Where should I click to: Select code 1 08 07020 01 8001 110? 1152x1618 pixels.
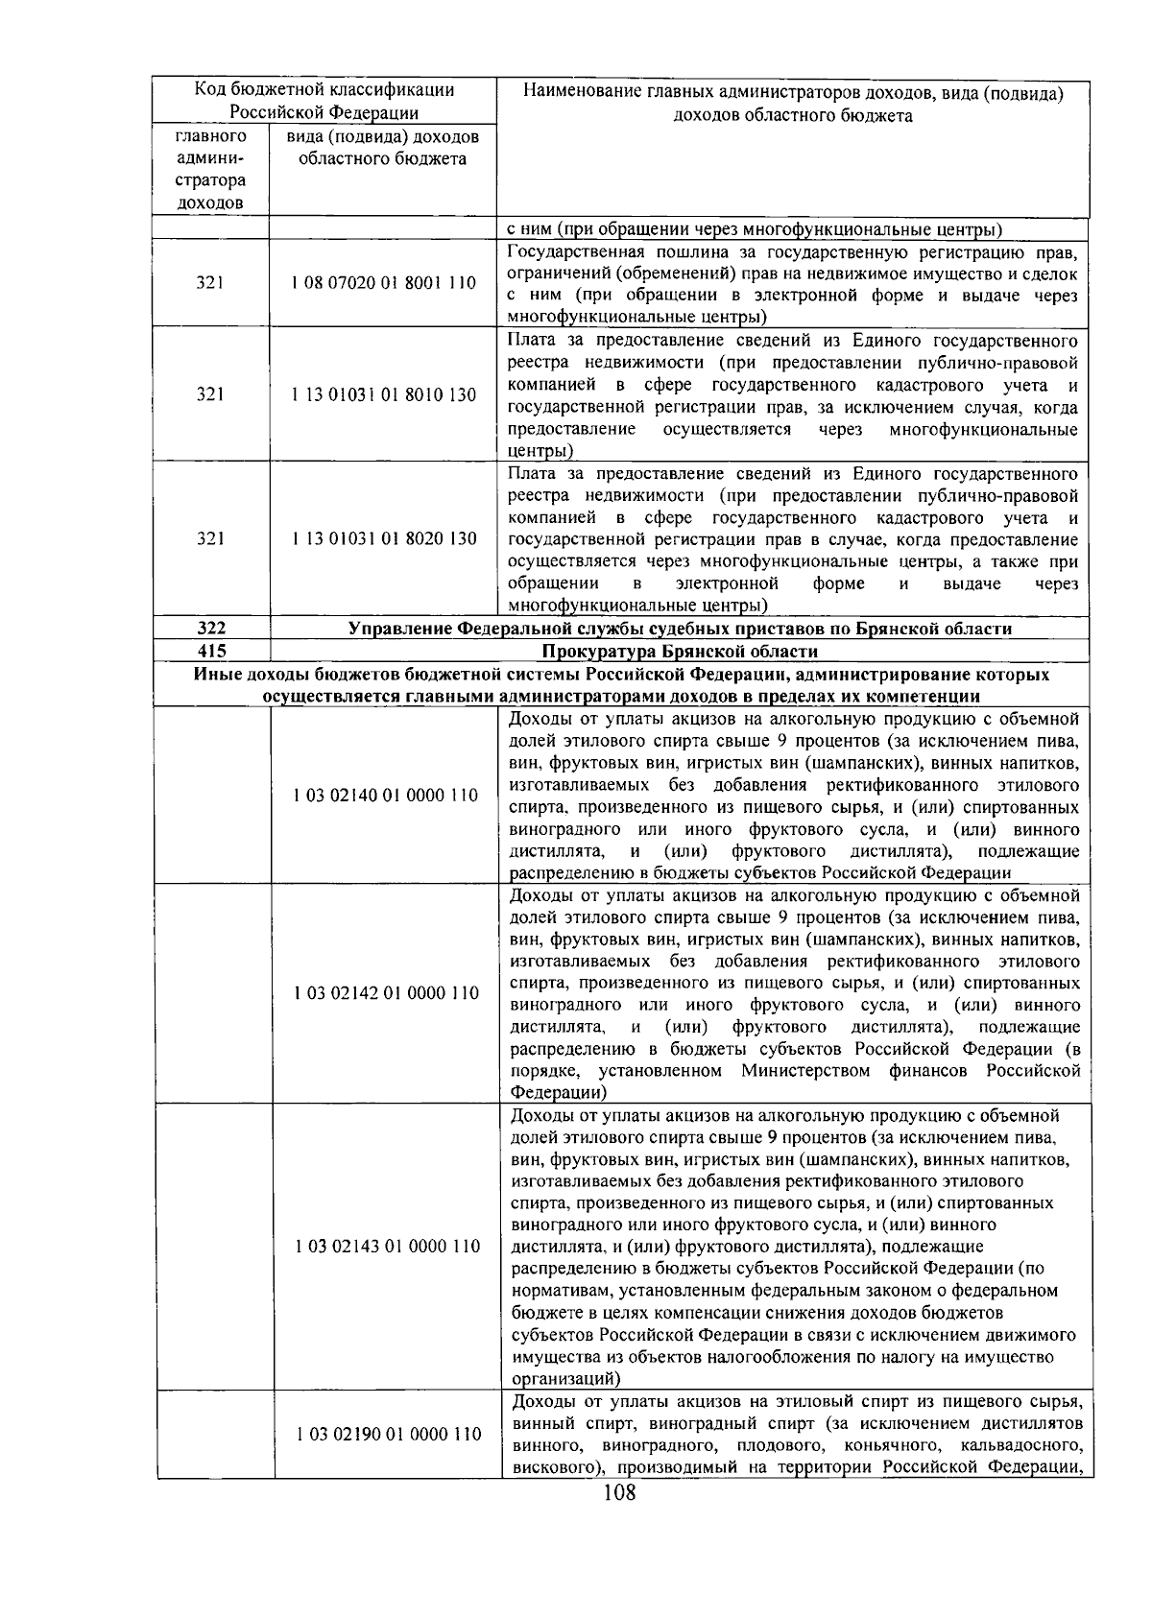384,283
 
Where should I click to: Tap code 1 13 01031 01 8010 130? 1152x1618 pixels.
384,394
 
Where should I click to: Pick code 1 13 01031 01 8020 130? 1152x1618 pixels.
384,538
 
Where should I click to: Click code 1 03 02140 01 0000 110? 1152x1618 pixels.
386,796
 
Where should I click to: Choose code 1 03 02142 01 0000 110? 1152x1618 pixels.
386,993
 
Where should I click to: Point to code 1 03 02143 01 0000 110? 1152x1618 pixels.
386,1247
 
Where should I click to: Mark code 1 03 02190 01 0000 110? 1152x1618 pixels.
388,1435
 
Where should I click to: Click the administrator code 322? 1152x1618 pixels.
211,629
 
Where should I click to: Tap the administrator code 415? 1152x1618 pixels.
211,652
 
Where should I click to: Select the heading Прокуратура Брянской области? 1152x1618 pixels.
679,652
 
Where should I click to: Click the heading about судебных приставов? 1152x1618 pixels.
679,629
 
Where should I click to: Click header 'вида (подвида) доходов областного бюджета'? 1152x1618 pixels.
382,148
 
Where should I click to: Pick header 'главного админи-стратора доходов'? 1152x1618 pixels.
210,169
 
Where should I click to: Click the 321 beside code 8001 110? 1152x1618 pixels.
210,283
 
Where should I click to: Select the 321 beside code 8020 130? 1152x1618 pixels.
210,538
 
